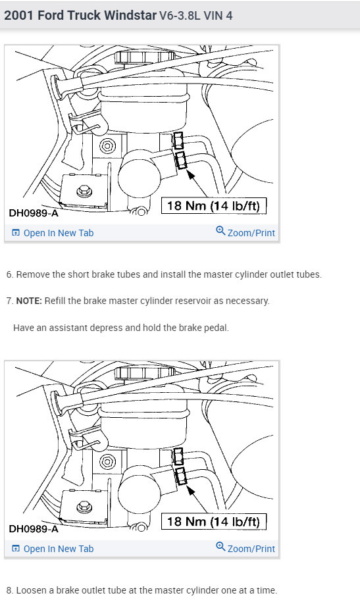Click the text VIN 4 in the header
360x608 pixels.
219,16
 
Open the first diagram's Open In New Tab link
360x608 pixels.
53,233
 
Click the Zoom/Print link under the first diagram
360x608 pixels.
245,232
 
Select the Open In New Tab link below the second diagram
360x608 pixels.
53,549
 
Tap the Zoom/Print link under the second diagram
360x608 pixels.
245,548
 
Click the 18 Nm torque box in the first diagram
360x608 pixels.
214,205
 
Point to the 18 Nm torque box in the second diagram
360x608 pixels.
214,522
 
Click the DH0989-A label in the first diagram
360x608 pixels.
34,213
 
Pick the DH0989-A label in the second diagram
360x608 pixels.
34,529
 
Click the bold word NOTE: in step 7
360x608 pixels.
29,301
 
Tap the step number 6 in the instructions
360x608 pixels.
9,274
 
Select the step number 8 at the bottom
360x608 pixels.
9,590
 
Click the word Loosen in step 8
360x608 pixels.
29,590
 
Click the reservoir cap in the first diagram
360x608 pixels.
144,57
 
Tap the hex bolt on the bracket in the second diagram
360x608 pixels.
84,507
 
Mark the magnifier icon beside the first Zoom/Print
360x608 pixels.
220,231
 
